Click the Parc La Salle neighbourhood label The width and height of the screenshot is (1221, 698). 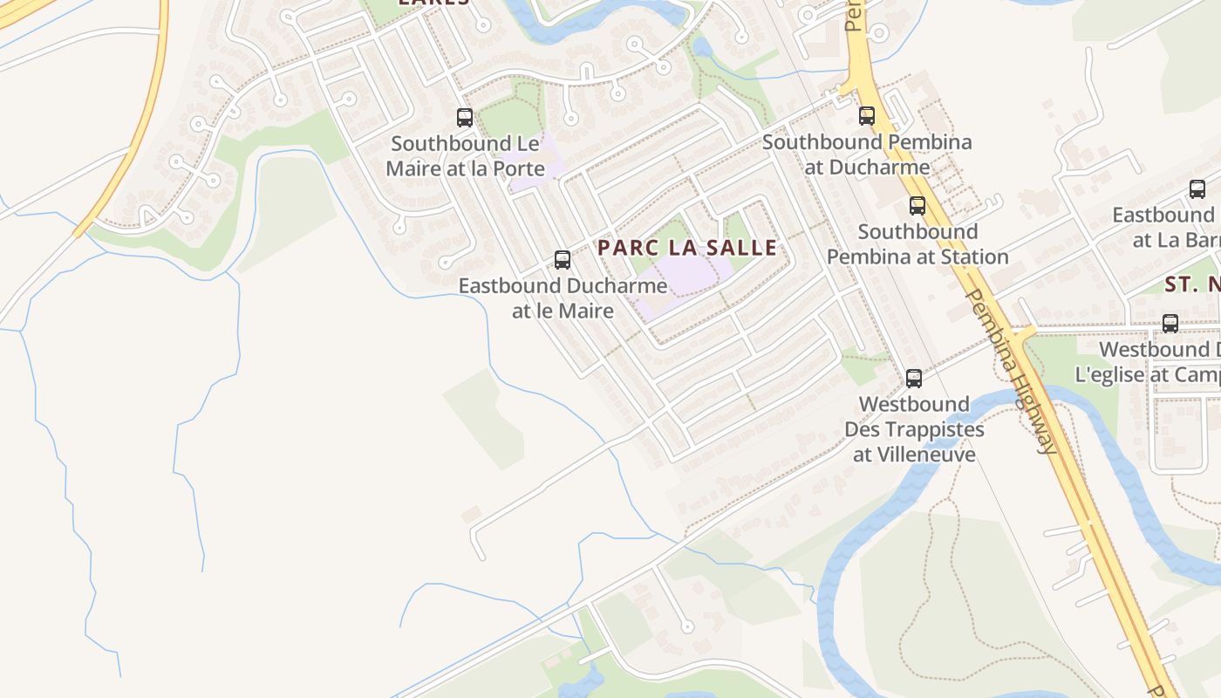coord(687,248)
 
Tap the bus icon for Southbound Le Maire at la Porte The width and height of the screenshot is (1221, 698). coord(465,118)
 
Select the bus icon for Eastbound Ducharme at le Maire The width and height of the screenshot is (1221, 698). coord(563,260)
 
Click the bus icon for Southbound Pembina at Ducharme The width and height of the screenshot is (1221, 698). coord(866,116)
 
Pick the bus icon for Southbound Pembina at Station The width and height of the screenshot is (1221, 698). coord(917,206)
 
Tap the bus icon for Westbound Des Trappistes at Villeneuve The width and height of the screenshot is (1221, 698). coord(913,379)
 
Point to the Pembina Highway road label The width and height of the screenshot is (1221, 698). coord(1013,371)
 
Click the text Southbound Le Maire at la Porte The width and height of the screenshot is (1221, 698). coord(465,156)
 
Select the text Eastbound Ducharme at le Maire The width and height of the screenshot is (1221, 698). coord(563,298)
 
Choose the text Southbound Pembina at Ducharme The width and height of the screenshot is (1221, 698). coord(866,154)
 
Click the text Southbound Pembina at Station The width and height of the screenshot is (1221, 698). coord(917,244)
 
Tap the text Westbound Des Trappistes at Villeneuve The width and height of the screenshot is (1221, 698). coord(914,429)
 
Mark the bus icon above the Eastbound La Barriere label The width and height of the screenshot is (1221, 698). coord(1197,189)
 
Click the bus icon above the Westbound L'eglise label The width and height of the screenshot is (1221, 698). coord(1170,324)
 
